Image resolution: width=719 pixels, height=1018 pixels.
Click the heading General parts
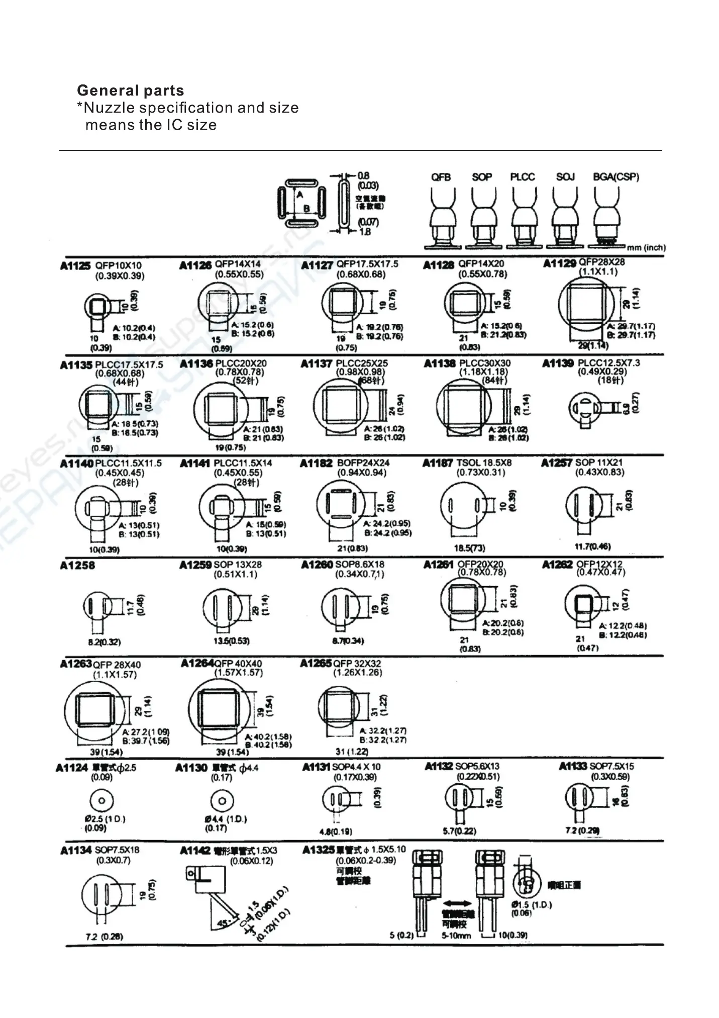point(130,90)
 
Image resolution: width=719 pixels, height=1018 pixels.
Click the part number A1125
point(75,266)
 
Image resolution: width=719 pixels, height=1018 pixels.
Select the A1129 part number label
point(559,263)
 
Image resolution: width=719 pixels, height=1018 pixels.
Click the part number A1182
point(316,463)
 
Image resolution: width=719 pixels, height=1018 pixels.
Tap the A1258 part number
point(77,565)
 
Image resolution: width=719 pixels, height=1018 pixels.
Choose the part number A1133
point(572,766)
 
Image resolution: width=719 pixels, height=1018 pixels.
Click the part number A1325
point(318,850)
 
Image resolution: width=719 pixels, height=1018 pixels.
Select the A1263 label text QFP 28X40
point(117,665)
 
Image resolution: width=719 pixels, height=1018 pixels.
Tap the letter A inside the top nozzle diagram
point(299,195)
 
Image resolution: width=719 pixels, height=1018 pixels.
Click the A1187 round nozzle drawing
point(463,506)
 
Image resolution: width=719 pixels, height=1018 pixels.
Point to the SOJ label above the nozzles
point(565,177)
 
